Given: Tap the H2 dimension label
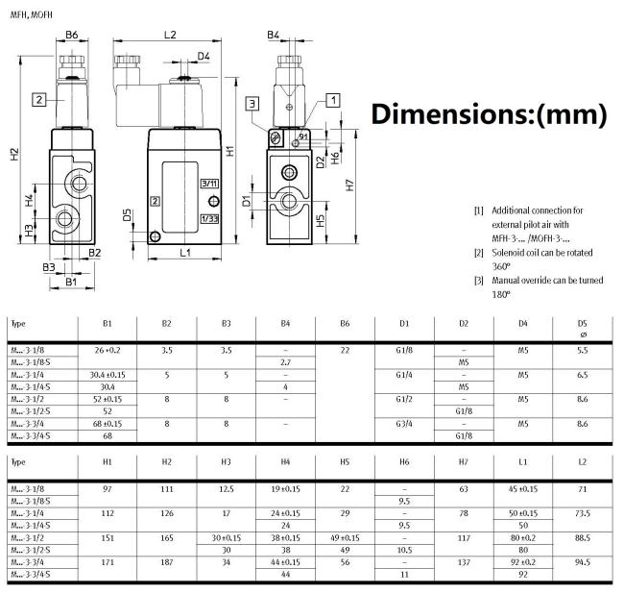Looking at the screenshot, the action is pos(14,154).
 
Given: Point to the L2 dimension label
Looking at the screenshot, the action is pos(170,35).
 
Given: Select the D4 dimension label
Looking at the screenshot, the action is pos(204,56).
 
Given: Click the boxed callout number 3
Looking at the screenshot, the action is pos(252,104).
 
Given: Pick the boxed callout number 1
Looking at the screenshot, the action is pos(333,100).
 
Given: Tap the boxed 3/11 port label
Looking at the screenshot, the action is pos(209,184).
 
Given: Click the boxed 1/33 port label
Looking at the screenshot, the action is pos(209,219).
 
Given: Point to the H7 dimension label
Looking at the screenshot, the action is pos(349,185).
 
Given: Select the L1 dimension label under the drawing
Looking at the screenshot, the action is pos(185,252).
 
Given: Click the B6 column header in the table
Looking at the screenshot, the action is pos(345,324).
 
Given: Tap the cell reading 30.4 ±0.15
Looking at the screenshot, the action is pos(108,375).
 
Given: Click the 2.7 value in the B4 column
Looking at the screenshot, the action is pos(285,362).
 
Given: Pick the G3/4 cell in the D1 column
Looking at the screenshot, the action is pos(404,424).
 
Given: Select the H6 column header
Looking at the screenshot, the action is pos(404,462).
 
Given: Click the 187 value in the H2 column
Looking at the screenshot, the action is pos(167,562).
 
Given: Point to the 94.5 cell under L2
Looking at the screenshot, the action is pos(582,562).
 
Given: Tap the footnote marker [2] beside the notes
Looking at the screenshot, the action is pos(479,253).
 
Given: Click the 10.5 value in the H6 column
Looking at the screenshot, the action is pos(404,550).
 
